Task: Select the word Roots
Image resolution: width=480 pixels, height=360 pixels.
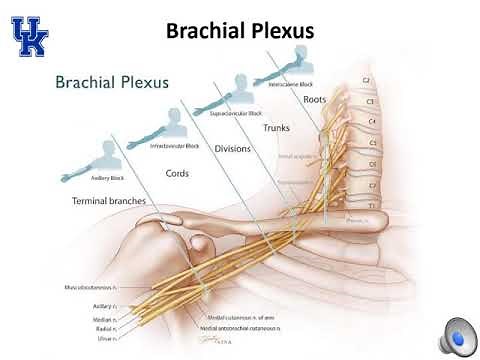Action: [315, 99]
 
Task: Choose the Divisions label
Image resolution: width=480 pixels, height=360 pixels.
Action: [232, 148]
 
